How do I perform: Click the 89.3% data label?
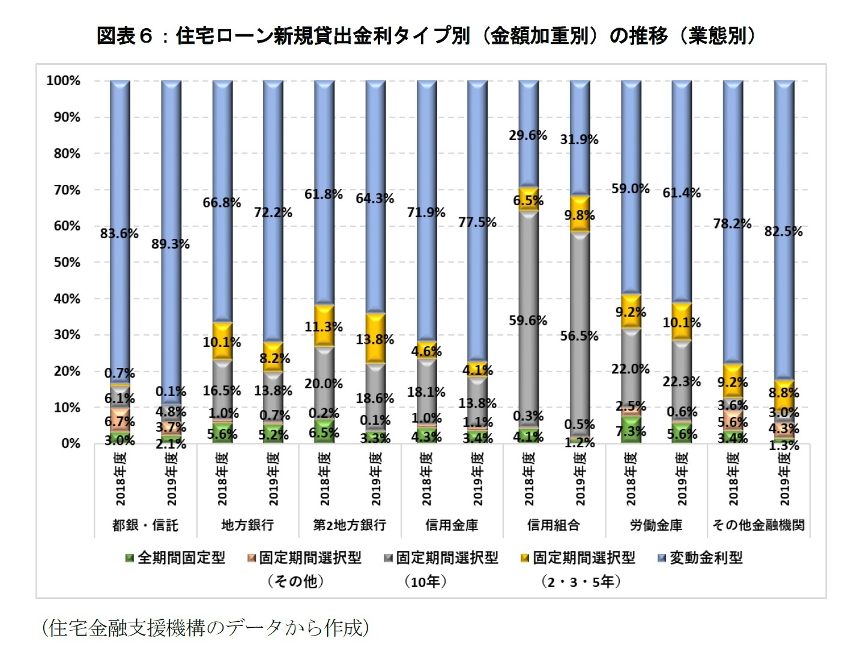(x=171, y=244)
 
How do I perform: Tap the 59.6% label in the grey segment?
(x=528, y=320)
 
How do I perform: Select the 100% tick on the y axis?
(x=63, y=80)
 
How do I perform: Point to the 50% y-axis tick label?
(x=67, y=262)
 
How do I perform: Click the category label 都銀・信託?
(x=145, y=525)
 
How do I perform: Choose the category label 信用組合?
(x=554, y=525)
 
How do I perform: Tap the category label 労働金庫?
(x=656, y=525)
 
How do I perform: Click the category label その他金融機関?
(x=758, y=525)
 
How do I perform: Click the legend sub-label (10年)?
(x=425, y=582)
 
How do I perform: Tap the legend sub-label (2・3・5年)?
(x=580, y=582)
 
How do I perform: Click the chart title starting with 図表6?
(x=425, y=36)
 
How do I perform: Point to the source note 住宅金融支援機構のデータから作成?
(x=205, y=628)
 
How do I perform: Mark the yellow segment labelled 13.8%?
(x=375, y=339)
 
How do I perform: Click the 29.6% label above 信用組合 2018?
(x=528, y=136)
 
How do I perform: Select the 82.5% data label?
(x=783, y=232)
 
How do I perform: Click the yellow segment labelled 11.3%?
(x=324, y=326)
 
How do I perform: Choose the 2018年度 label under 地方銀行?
(x=222, y=478)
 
